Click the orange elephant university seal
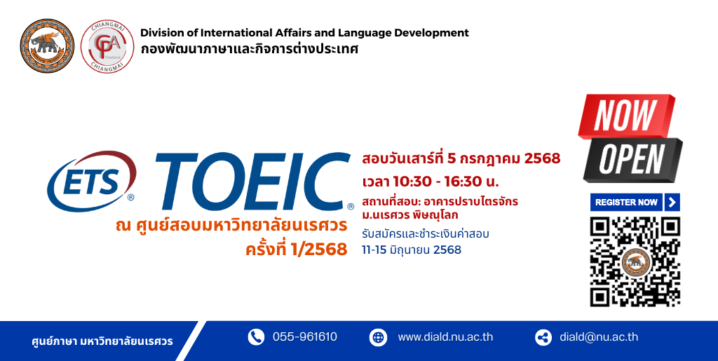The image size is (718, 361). coord(47,46)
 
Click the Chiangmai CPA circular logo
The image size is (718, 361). coord(107,46)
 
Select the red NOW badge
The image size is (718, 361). coord(626,116)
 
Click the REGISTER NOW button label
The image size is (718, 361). coord(626,203)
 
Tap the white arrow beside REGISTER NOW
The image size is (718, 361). coord(672,203)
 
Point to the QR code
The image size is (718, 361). coord(635,261)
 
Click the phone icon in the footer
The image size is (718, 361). coord(256,337)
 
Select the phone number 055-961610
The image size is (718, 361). coord(305,337)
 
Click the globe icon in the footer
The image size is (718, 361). coord(378,338)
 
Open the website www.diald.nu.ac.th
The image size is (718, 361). coord(445,337)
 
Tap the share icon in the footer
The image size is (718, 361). coord(543,338)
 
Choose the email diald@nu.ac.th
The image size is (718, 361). coord(599,337)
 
